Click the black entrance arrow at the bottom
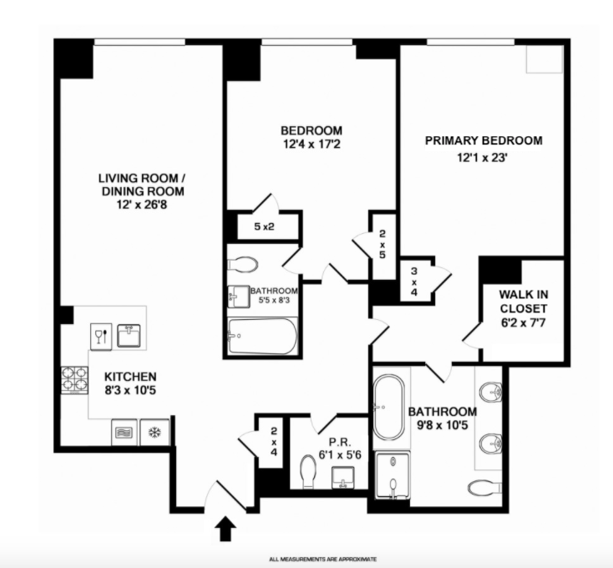[225, 528]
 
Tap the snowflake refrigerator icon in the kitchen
[154, 432]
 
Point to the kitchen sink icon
[128, 334]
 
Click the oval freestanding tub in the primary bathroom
[388, 408]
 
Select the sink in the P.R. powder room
[344, 479]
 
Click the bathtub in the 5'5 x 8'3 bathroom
[261, 337]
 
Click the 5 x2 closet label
[265, 226]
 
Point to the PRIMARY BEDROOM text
[484, 140]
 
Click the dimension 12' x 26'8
[141, 203]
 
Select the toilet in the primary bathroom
[484, 486]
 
